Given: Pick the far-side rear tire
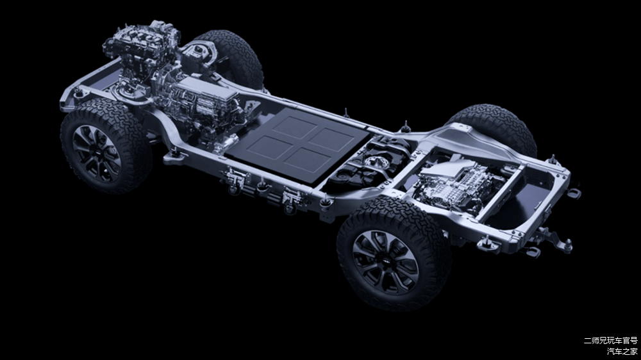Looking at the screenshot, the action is pyautogui.click(x=495, y=127).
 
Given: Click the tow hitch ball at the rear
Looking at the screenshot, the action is pyautogui.click(x=567, y=244).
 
